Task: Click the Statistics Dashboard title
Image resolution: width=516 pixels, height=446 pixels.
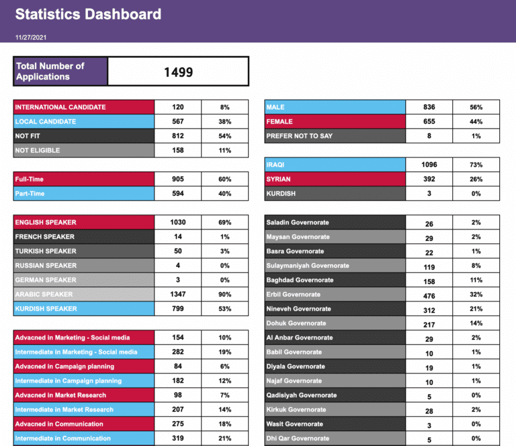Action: click(x=88, y=14)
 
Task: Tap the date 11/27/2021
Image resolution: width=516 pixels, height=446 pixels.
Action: click(x=32, y=38)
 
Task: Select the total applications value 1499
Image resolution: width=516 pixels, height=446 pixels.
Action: click(x=178, y=72)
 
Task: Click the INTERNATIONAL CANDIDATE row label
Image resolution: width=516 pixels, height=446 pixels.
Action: click(x=60, y=107)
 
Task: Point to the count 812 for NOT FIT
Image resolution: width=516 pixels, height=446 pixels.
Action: click(x=178, y=136)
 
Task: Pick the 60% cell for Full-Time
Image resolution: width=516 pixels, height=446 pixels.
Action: click(x=224, y=180)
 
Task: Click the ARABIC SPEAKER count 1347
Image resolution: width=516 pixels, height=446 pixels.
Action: click(x=178, y=295)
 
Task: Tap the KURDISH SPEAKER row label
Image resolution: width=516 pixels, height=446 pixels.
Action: click(x=46, y=309)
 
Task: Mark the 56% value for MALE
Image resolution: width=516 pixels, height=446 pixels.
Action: click(x=476, y=107)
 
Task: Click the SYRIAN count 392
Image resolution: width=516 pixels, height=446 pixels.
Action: click(x=429, y=180)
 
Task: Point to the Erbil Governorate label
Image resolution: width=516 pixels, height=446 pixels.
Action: click(x=293, y=295)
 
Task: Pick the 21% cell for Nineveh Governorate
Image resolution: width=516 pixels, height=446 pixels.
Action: click(x=476, y=309)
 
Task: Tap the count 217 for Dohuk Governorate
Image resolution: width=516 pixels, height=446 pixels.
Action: click(x=429, y=324)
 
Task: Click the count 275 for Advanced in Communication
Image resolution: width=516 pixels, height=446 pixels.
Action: click(x=178, y=424)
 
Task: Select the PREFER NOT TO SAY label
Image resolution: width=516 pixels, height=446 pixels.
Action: click(x=299, y=136)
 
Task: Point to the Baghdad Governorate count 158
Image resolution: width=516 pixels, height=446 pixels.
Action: click(x=429, y=280)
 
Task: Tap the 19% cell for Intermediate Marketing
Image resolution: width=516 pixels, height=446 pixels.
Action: click(x=224, y=352)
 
